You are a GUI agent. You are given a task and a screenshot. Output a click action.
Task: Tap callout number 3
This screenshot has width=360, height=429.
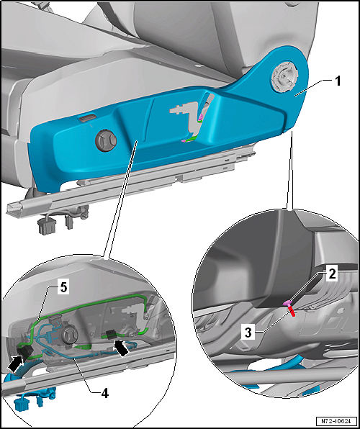tap(248, 333)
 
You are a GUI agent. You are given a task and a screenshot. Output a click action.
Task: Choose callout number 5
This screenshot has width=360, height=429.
tap(63, 288)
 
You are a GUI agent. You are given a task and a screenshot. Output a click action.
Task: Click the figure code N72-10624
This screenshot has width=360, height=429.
tap(337, 420)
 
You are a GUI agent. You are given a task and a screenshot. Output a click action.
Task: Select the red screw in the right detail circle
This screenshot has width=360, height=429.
tap(292, 312)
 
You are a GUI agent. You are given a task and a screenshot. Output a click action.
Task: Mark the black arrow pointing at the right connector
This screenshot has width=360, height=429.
tap(120, 348)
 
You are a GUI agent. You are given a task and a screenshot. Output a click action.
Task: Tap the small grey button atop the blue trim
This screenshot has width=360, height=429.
tap(87, 118)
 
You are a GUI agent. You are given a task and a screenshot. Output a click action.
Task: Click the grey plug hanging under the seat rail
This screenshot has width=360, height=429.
tap(45, 226)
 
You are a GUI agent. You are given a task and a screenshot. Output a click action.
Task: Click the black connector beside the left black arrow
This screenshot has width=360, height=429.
tap(24, 352)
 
